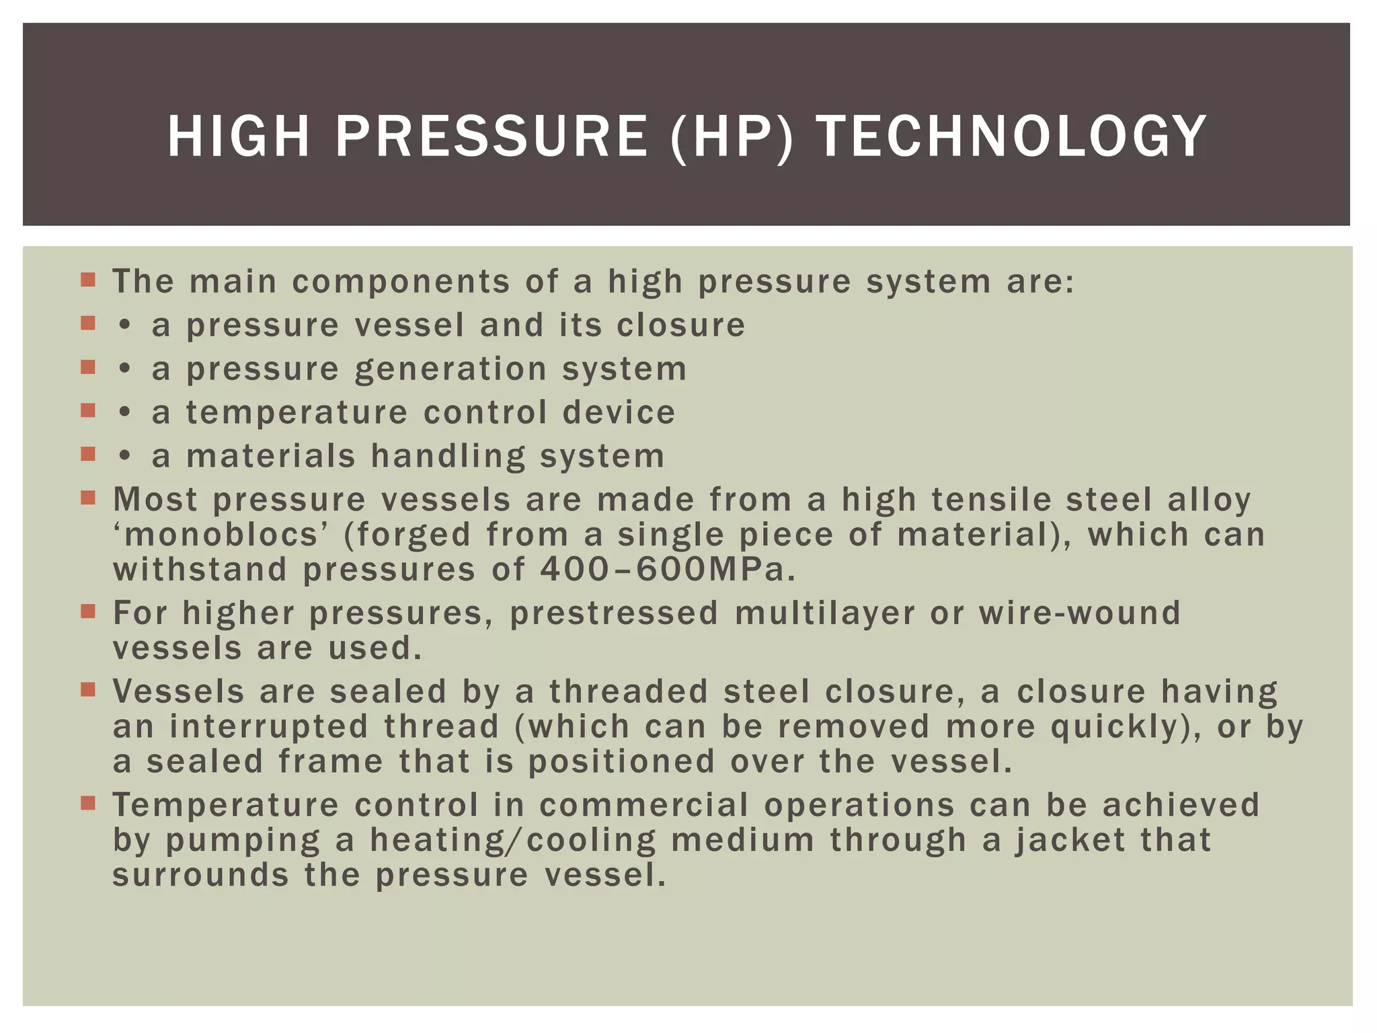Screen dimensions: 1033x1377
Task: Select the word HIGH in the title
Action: click(x=239, y=137)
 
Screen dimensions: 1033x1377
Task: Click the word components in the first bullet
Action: click(x=401, y=281)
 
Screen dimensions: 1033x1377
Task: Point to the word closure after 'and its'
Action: click(x=681, y=326)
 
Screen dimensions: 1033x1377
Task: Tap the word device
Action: click(x=619, y=412)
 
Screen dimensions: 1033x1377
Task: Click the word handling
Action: click(x=448, y=456)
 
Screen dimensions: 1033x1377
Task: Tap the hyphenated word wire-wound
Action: click(x=1079, y=613)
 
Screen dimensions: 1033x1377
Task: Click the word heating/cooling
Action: click(x=512, y=840)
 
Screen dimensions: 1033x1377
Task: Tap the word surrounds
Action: click(x=200, y=875)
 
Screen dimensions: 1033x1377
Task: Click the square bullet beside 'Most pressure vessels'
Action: click(x=88, y=498)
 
